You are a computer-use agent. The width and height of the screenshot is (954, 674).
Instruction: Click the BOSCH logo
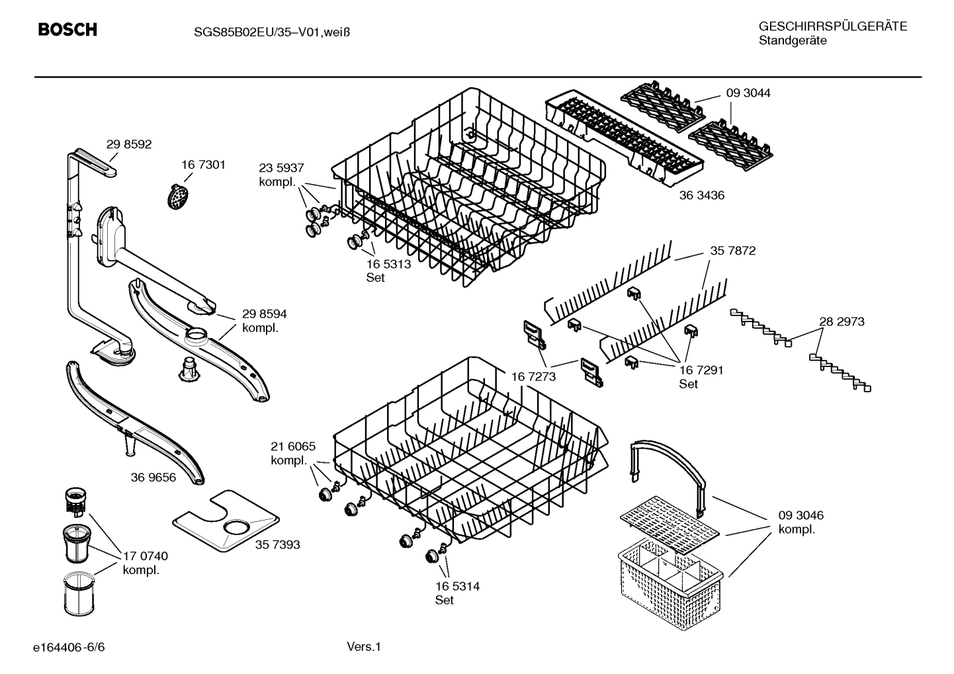pyautogui.click(x=67, y=30)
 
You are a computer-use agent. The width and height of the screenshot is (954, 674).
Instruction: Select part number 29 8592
pyautogui.click(x=129, y=144)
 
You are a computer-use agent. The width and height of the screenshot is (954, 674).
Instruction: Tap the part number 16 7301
pyautogui.click(x=203, y=165)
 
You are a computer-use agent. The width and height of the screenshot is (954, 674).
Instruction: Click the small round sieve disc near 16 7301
pyautogui.click(x=176, y=198)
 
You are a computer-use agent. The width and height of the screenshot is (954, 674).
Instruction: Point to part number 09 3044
pyautogui.click(x=748, y=93)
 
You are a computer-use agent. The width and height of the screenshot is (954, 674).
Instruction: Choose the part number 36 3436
pyautogui.click(x=702, y=195)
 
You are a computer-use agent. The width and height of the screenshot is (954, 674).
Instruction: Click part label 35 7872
pyautogui.click(x=733, y=251)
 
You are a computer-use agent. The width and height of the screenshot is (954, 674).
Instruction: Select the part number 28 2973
pyautogui.click(x=842, y=321)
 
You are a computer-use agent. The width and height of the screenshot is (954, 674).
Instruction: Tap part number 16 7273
pyautogui.click(x=533, y=376)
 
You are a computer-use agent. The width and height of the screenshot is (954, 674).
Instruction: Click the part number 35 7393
pyautogui.click(x=277, y=544)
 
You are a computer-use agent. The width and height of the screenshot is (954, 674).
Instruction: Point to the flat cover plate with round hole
pyautogui.click(x=225, y=522)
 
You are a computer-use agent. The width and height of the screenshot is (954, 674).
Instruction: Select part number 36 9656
pyautogui.click(x=153, y=477)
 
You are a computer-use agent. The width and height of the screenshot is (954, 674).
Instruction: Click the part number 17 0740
pyautogui.click(x=146, y=556)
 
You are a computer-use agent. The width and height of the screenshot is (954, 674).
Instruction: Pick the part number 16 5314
pyautogui.click(x=457, y=586)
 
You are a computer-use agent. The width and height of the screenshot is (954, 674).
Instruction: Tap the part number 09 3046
pyautogui.click(x=801, y=515)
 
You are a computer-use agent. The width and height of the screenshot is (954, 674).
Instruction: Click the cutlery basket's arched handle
pyautogui.click(x=668, y=457)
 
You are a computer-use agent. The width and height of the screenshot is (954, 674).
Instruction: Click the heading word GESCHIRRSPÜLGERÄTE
pyautogui.click(x=832, y=26)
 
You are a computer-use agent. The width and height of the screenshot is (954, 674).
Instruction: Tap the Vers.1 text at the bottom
pyautogui.click(x=364, y=646)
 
